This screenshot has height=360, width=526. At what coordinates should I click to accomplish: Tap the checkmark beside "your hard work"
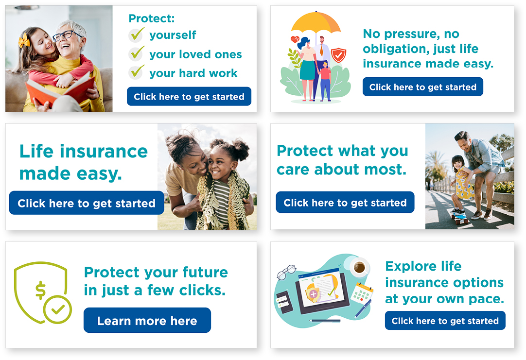click(x=137, y=72)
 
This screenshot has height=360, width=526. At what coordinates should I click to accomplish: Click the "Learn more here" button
click(x=147, y=320)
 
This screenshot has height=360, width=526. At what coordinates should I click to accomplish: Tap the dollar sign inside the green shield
click(x=40, y=290)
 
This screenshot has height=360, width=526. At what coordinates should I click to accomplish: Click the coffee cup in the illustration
click(x=359, y=267)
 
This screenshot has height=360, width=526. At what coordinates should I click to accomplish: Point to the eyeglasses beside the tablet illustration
click(x=286, y=272)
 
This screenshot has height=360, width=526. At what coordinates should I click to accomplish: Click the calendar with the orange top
click(x=362, y=292)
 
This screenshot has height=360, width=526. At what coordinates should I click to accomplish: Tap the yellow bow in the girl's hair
click(x=24, y=41)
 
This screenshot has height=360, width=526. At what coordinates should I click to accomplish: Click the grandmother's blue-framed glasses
click(x=67, y=35)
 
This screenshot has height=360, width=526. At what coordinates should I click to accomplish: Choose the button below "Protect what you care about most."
click(x=345, y=202)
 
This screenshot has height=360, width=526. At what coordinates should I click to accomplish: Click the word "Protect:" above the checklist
click(x=152, y=18)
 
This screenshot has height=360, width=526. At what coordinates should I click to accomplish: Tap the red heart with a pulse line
click(x=295, y=39)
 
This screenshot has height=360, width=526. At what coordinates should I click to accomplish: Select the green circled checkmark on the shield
click(x=58, y=309)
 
